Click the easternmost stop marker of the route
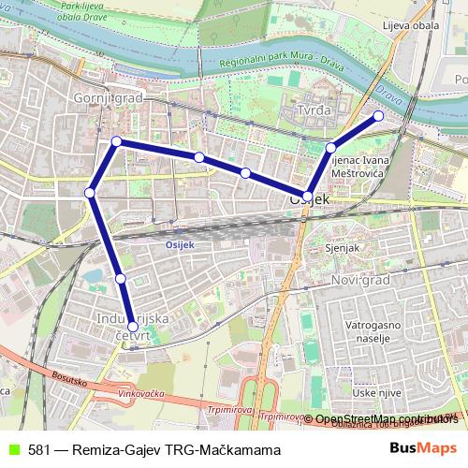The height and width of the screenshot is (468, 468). [x=379, y=116]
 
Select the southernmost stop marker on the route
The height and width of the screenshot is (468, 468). [x=133, y=327]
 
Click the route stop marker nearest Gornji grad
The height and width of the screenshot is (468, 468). [x=116, y=141]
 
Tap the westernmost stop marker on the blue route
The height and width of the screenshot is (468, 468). [x=90, y=193]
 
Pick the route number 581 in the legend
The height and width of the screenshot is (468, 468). [x=39, y=450]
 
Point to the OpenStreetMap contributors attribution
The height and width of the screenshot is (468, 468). [x=380, y=418]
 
